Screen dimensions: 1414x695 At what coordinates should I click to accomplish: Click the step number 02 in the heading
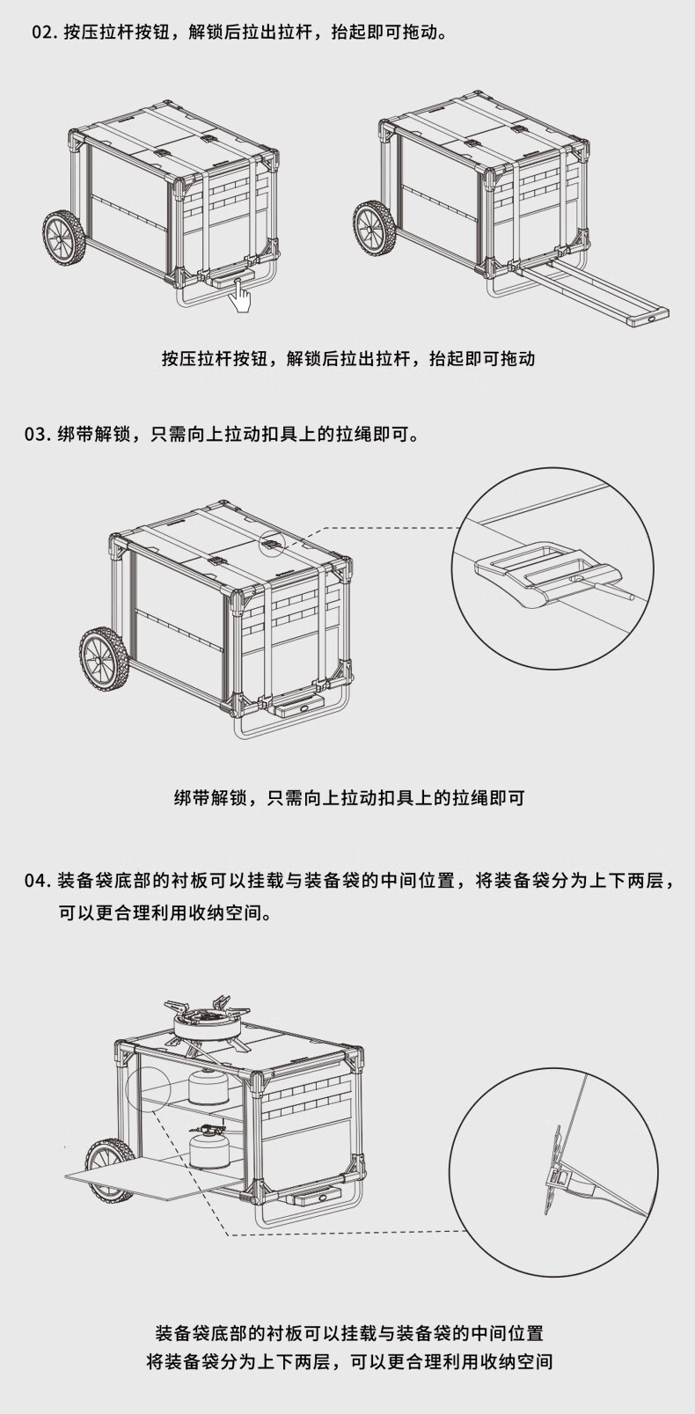[x=43, y=33]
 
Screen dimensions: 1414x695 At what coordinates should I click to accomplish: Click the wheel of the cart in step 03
[x=103, y=657]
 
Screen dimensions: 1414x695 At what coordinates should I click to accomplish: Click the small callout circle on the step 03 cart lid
[x=272, y=543]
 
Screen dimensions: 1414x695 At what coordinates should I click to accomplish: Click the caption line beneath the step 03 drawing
[x=348, y=798]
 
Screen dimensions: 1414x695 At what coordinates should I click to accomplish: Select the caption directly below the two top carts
[x=348, y=358]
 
